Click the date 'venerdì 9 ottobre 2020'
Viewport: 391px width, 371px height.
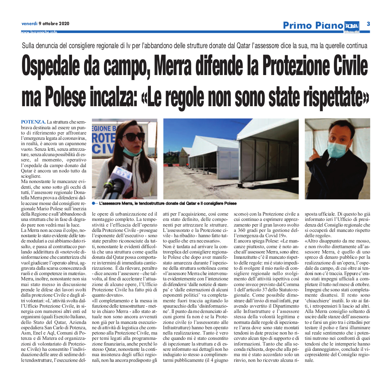pyautogui.click(x=45, y=24)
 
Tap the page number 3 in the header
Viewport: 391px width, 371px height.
pyautogui.click(x=368, y=24)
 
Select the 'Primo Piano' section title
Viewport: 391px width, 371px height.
pyautogui.click(x=313, y=25)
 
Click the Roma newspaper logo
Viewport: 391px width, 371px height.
pyautogui.click(x=351, y=26)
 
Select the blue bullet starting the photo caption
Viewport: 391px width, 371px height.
pyautogui.click(x=93, y=204)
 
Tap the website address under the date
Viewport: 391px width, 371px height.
pyautogui.click(x=39, y=32)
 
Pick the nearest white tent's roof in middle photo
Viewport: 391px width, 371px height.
pyautogui.click(x=270, y=131)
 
